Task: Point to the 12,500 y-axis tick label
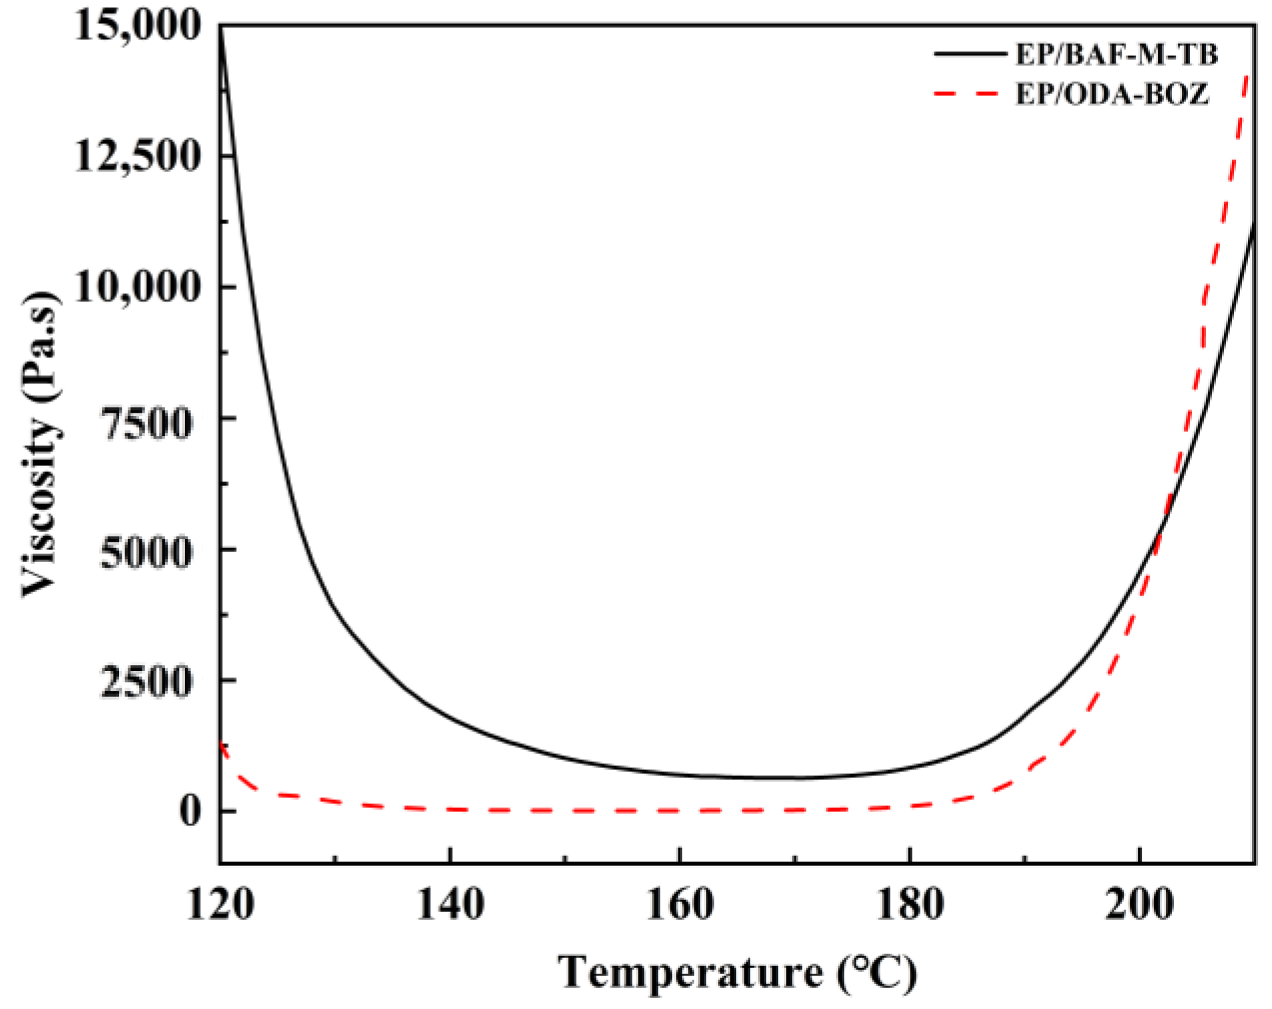coord(136,156)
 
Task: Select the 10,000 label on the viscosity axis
coord(136,288)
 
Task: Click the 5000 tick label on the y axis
coord(146,551)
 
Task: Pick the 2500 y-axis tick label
coord(146,682)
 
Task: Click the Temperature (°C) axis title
coord(737,972)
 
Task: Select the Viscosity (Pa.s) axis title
coord(41,445)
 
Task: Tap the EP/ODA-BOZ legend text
coord(1112,95)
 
